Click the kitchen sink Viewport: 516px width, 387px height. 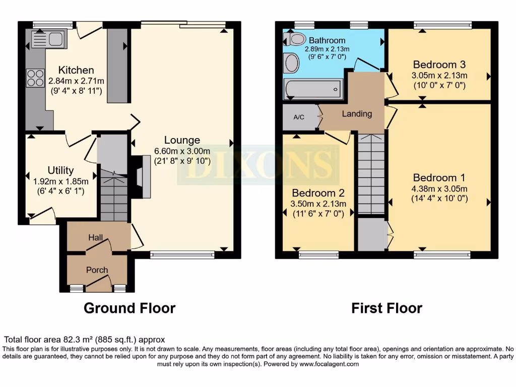click(x=46, y=39)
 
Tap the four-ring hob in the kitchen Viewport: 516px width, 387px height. click(x=35, y=78)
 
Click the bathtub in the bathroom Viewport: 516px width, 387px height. click(x=313, y=89)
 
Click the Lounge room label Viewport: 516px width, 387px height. click(x=182, y=140)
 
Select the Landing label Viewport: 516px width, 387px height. click(x=357, y=114)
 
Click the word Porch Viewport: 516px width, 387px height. click(x=97, y=270)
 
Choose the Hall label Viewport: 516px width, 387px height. click(x=96, y=237)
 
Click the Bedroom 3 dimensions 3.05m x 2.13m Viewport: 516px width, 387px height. click(x=439, y=76)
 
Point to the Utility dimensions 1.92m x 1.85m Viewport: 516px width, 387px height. click(x=61, y=181)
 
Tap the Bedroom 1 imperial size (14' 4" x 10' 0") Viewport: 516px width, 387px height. click(x=439, y=199)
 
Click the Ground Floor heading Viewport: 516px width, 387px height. click(x=130, y=308)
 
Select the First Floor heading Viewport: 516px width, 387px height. click(x=386, y=308)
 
